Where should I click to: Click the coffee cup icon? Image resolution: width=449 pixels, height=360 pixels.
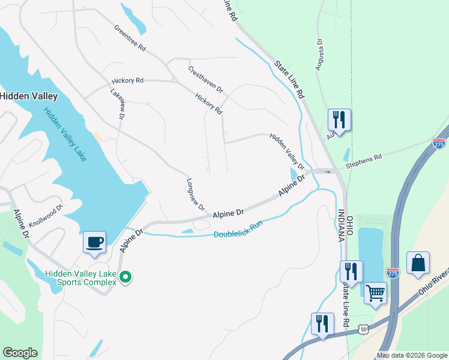(x=95, y=242)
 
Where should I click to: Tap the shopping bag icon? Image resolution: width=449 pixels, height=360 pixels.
(x=418, y=263)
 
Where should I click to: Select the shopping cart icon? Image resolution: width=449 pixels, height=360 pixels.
(x=375, y=293)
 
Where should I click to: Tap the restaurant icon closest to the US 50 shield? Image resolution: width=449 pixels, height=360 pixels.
(x=322, y=324)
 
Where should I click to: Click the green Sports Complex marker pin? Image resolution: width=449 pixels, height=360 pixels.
(x=125, y=277)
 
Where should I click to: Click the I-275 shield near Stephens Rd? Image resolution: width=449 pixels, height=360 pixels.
(x=438, y=143)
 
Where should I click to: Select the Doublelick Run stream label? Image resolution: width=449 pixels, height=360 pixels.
(x=239, y=229)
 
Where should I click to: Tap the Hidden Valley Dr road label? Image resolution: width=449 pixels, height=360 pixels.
(x=287, y=151)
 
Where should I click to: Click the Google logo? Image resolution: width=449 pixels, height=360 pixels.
(x=20, y=353)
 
